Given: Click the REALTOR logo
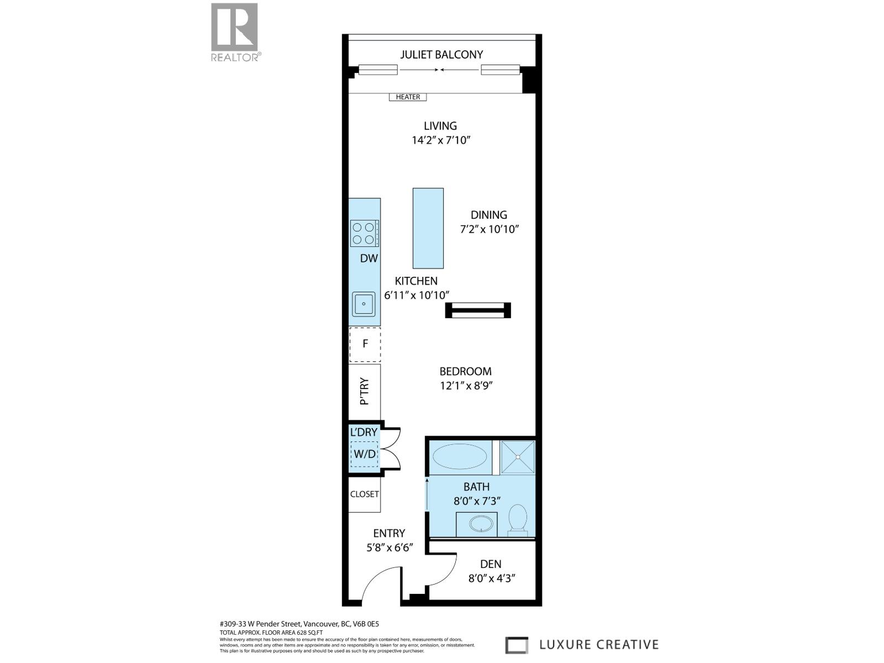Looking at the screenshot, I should (234, 31).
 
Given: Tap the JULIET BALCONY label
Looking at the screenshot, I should (441, 54).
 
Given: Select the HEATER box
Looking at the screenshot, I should (408, 97).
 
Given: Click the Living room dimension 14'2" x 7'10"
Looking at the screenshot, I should (441, 140).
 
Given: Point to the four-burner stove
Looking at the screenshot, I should (364, 233).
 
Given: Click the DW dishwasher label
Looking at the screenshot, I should (369, 258).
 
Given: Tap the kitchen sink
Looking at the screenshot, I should (364, 304).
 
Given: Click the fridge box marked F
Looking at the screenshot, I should (365, 344).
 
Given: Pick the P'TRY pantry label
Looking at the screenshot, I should (364, 391).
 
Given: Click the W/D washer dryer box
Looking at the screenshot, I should (364, 455).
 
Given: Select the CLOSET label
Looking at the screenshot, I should (364, 494).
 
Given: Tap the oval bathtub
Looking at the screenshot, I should (460, 457).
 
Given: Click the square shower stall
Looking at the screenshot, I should (518, 457).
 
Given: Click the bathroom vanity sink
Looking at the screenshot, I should (476, 524).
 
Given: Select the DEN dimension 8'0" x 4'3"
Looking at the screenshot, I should (490, 579).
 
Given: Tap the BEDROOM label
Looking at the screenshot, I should (465, 371).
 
